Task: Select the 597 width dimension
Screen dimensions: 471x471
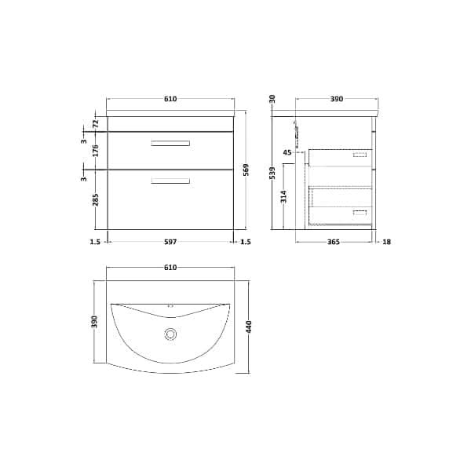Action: click(170, 242)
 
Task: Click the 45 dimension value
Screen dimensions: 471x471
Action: click(287, 152)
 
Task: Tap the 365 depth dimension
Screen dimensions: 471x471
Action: click(333, 242)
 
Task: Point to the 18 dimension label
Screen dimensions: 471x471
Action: click(386, 242)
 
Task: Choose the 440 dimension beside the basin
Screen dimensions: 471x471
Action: click(250, 327)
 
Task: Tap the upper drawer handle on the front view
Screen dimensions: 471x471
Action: click(170, 143)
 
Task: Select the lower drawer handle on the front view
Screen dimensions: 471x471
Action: click(170, 181)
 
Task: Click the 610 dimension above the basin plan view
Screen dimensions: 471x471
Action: click(170, 268)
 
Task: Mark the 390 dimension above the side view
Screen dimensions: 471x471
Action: click(336, 99)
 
